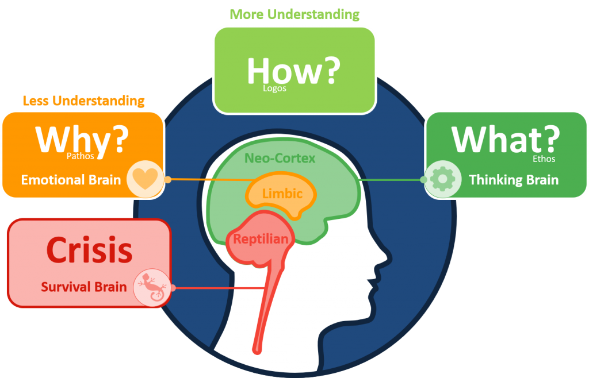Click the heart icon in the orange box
pos(146,179)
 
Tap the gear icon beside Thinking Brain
pos(442,179)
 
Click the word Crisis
pos(89,250)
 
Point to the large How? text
pos(293,70)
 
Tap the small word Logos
pos(274,88)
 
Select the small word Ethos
pos(544,159)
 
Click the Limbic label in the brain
pos(282,194)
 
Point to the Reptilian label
pos(261,239)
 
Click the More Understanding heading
pos(294,14)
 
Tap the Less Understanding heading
pos(83,101)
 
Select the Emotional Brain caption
pos(71,180)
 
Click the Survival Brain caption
pos(83,286)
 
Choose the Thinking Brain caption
pos(514,180)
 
